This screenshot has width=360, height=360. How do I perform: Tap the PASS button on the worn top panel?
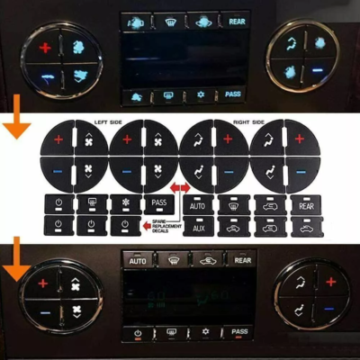233,94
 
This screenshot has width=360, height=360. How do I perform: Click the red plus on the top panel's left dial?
47,46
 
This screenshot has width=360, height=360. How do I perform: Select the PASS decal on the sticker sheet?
158,203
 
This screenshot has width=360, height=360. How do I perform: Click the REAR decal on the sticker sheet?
302,205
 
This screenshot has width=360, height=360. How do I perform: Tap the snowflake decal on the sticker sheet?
125,203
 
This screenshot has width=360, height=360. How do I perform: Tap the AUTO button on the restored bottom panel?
138,261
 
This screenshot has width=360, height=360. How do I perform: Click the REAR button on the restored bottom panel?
240,261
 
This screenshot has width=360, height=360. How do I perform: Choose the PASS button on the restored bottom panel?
239,332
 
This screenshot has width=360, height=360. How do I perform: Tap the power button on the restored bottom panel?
138,333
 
